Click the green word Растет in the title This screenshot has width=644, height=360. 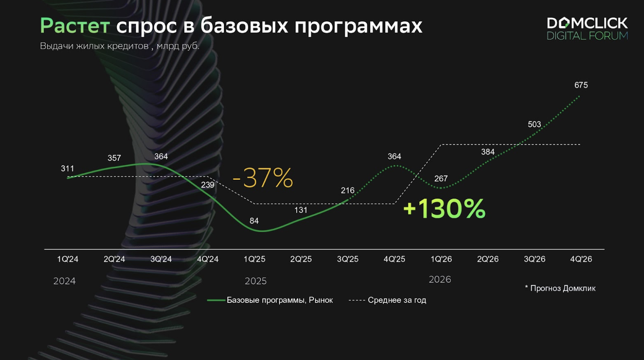75,26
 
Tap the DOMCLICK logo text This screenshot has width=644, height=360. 587,23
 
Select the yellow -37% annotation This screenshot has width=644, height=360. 263,178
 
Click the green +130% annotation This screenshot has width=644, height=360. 444,208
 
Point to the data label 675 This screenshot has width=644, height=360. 581,85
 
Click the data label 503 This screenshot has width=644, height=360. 535,124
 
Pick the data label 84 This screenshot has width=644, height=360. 254,221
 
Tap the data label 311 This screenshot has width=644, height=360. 67,168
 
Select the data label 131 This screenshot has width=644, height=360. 301,210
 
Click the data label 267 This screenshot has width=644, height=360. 441,179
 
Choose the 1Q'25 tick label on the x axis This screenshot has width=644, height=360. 254,259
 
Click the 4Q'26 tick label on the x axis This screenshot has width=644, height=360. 581,259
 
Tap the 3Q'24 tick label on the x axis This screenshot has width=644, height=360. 161,259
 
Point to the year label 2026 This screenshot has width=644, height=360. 440,279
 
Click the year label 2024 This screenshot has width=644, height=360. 64,281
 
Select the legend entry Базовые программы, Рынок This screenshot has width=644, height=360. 280,300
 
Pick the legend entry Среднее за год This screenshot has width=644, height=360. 397,300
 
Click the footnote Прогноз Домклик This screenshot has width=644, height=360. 563,288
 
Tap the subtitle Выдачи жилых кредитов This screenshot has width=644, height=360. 94,46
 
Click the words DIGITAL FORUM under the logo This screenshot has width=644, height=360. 587,36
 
